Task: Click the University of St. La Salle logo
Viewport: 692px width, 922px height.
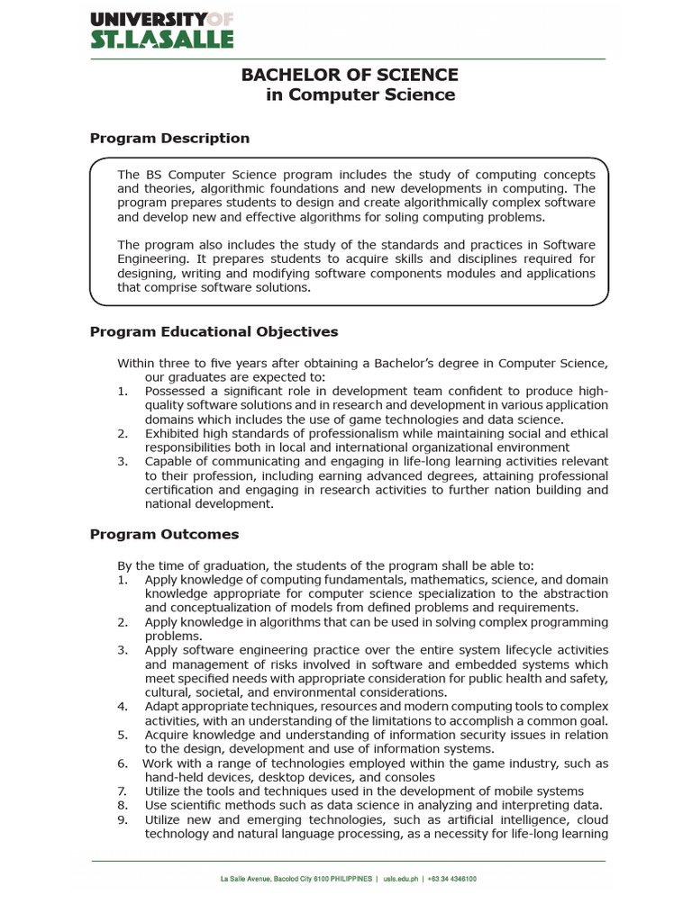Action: tap(162, 30)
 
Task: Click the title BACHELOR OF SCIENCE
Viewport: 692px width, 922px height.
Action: tap(349, 75)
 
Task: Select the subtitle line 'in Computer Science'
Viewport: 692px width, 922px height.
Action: tap(360, 95)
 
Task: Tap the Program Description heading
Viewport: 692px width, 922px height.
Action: tap(169, 139)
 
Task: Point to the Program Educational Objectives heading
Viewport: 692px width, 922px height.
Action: tap(214, 331)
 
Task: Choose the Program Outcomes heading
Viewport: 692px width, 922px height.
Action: tap(164, 534)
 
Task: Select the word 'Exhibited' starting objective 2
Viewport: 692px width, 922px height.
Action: tap(175, 433)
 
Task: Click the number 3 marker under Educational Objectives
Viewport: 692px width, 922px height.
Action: tap(123, 462)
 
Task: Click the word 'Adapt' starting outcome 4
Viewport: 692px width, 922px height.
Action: tap(161, 706)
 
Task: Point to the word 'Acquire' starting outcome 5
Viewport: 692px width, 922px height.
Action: tap(168, 735)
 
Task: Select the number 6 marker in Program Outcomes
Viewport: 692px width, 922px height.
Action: tap(123, 764)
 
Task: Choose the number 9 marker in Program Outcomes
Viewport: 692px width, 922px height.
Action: tap(123, 819)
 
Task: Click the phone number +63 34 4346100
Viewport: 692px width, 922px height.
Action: tap(451, 879)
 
